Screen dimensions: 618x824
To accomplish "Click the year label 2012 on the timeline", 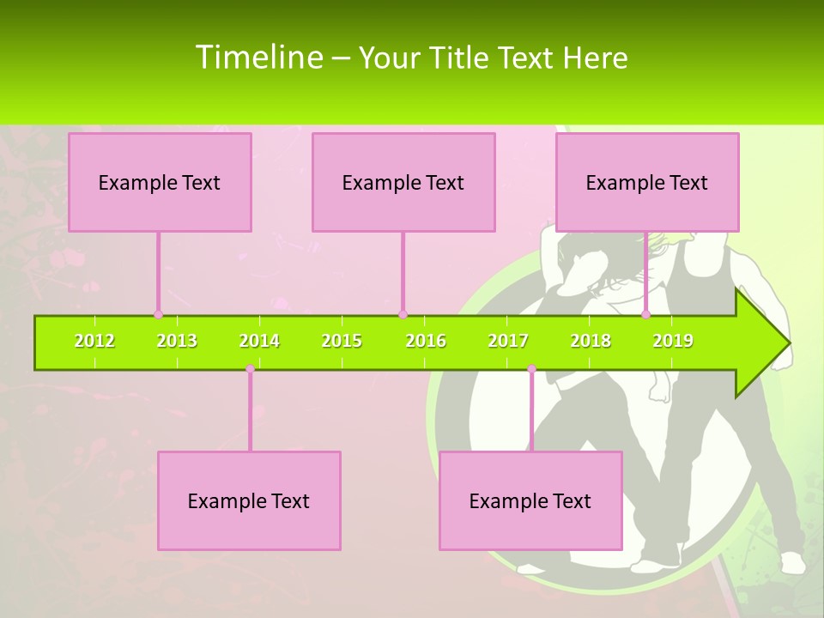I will point(94,342).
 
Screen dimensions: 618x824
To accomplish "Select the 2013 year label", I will point(177,342).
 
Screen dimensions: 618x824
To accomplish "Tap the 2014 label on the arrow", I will point(259,342).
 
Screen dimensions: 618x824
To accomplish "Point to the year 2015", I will point(342,342).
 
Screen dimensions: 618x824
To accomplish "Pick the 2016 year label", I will point(426,342).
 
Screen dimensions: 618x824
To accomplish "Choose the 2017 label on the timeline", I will point(508,342).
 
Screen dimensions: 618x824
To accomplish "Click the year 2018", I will point(591,342).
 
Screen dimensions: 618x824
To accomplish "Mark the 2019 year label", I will point(673,342).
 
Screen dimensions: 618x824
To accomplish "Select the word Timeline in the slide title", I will point(257,58).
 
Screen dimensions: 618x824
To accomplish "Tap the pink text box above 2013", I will point(160,182).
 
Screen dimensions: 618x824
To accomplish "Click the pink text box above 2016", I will point(403,182).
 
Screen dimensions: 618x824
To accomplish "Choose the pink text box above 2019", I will point(647,182).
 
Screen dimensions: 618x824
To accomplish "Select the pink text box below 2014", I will point(249,500).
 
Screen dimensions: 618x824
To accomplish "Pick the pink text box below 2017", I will point(530,500).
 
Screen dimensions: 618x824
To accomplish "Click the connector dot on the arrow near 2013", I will point(158,314).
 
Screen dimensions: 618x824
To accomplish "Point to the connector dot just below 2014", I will point(250,369).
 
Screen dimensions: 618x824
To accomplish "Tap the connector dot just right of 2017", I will point(531,369).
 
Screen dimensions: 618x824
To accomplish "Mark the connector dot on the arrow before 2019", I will point(646,314).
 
